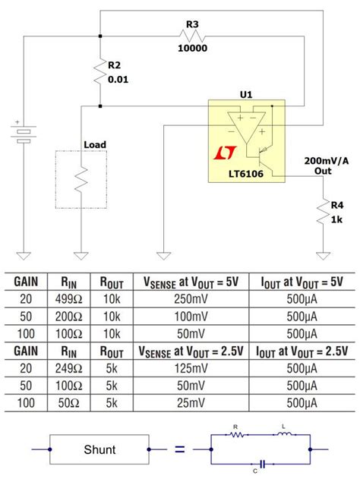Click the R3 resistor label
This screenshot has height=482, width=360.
point(192,25)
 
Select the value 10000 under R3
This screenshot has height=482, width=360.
point(192,47)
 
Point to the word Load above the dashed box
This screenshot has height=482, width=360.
point(95,144)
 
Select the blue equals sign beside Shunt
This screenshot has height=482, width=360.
point(179,449)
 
